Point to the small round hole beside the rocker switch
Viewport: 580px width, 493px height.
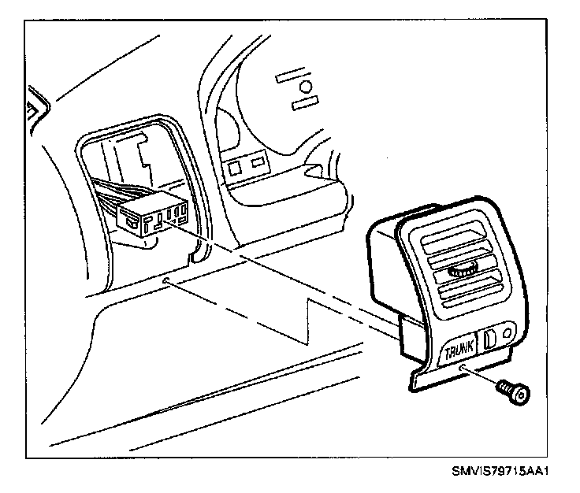coord(507,332)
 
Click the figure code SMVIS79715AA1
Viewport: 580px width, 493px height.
coord(500,473)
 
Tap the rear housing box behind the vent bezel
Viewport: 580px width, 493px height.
coord(384,268)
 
